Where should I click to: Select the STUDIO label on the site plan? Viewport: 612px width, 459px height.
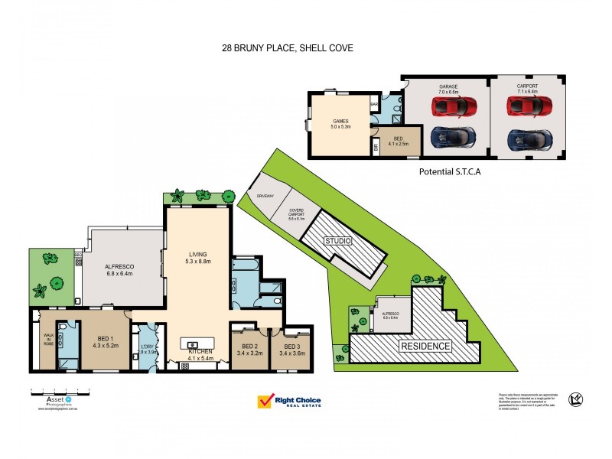337,241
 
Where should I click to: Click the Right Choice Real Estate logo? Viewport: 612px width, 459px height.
289,401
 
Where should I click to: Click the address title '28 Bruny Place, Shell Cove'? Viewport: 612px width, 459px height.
286,47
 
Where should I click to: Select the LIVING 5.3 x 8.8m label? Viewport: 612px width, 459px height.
197,258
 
